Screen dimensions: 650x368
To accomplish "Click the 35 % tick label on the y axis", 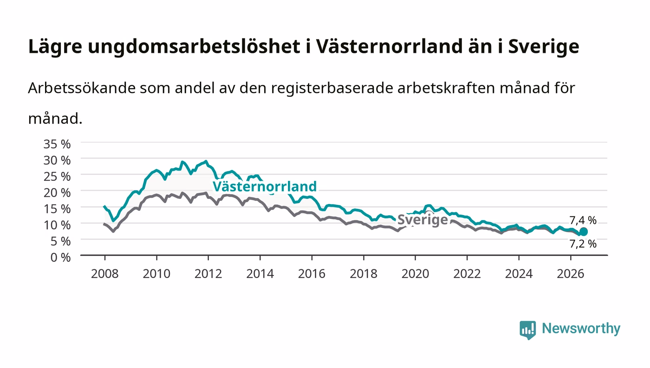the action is tap(57, 144).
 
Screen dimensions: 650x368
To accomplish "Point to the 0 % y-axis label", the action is tap(60, 257).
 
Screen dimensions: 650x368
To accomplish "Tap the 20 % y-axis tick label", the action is tap(57, 193).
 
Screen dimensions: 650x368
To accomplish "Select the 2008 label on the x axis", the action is tap(105, 274).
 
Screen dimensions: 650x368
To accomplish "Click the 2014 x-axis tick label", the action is tap(260, 274).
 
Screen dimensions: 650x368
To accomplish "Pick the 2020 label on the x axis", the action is tap(415, 274).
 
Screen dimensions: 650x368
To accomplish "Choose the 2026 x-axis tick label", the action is tap(571, 274).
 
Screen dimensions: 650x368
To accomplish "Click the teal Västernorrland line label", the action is tap(265, 186).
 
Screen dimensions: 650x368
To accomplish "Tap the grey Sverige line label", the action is tap(422, 220).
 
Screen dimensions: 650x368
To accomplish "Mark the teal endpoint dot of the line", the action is tap(583, 232).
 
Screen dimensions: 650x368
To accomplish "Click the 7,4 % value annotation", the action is tap(583, 221).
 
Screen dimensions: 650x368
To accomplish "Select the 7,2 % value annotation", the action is tap(583, 244).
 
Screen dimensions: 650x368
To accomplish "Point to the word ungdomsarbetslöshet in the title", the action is tap(194, 46).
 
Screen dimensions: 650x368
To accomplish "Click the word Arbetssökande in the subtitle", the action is tap(82, 88).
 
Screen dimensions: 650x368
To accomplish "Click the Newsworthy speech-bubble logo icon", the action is tap(527, 330).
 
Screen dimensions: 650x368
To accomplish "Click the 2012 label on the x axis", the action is tap(208, 274).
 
